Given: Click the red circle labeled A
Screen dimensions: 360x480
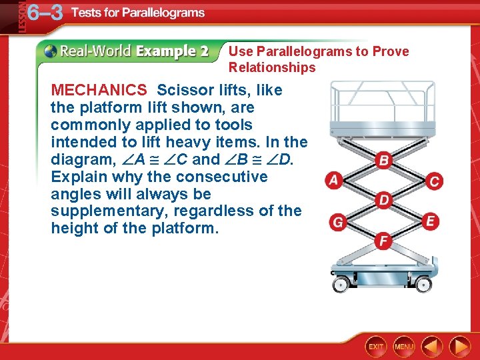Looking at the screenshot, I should coord(333,181).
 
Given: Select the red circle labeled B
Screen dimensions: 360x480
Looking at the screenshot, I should coord(383,160).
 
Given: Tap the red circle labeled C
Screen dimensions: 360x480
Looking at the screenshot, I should coord(435,181).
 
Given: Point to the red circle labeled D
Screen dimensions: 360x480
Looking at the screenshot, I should coord(383,200).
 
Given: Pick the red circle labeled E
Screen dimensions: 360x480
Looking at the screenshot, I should coord(430,221).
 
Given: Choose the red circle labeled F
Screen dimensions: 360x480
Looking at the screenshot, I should coord(383,241).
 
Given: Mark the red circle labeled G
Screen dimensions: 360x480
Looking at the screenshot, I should coord(338,222).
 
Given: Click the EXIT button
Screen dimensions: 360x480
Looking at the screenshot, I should coord(377,347).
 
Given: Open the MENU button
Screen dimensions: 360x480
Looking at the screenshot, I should coord(404,347).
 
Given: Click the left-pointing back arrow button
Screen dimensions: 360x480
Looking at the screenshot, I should coord(432,347).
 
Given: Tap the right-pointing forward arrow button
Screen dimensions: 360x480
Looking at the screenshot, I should coord(459,347).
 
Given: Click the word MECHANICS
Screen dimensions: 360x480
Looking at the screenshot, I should coord(99,90).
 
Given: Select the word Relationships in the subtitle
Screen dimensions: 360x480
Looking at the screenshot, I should coord(272,67).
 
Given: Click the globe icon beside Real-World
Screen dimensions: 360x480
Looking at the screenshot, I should coord(50,51).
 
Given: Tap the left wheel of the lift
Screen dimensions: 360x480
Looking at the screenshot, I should coord(341,285).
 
